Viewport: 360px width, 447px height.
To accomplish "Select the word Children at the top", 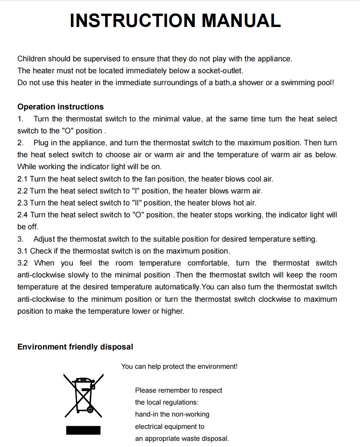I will [32, 59].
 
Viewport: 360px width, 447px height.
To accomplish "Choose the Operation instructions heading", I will [60, 107].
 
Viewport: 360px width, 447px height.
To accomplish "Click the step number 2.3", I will [23, 203].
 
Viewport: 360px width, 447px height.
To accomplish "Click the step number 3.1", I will [23, 251].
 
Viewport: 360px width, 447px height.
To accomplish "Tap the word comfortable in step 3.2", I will [209, 263].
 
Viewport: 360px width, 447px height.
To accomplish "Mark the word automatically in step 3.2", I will [178, 287].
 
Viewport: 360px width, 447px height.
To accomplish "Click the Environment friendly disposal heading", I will [75, 347].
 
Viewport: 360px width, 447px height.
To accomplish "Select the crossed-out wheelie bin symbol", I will [84, 395].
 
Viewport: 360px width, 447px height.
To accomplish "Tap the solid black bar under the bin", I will [83, 430].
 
